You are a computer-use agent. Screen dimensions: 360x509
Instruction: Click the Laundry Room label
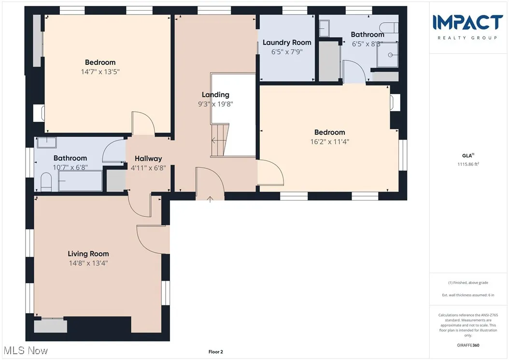(287, 43)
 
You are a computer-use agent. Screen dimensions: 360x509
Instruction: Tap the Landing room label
(215, 95)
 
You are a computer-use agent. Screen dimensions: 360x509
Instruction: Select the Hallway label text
(148, 158)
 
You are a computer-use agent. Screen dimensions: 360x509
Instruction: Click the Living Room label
(88, 254)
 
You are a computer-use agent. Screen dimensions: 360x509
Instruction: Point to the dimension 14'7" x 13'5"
(100, 72)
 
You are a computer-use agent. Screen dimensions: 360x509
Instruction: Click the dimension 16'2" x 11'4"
(329, 142)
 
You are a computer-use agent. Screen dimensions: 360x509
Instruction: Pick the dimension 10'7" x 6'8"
(70, 167)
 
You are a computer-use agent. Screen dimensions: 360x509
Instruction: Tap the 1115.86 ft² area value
(468, 164)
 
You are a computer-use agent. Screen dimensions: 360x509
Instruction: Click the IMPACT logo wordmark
(467, 22)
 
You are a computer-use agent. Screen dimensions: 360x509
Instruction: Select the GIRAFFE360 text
(468, 346)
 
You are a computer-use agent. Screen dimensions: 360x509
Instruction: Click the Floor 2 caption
(215, 352)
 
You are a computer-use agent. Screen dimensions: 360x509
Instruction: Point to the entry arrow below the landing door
(210, 198)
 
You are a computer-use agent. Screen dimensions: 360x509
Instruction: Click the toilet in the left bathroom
(45, 182)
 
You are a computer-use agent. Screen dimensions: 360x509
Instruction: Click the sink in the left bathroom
(47, 142)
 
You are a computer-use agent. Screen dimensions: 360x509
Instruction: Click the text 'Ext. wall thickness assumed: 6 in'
(468, 295)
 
